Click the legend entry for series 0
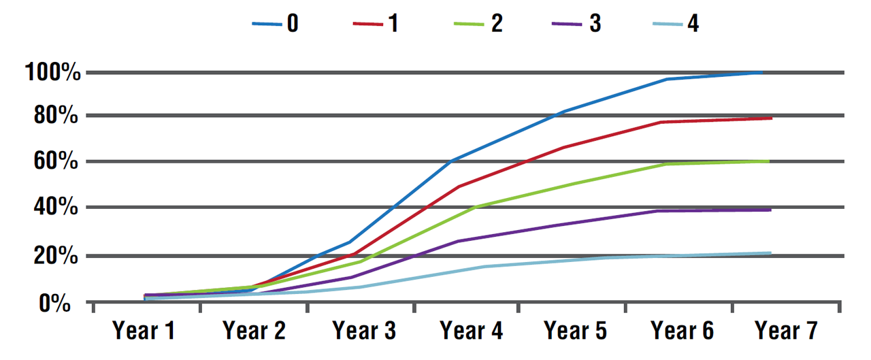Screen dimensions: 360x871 point(275,23)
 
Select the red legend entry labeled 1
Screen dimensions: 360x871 point(376,23)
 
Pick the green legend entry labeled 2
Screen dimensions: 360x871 point(479,23)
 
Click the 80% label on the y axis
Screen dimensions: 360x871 point(57,116)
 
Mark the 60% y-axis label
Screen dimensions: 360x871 point(57,163)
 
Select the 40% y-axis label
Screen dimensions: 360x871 point(57,208)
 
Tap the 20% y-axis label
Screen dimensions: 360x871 point(57,257)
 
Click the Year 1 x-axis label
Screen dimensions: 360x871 point(144,331)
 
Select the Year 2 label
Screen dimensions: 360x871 point(254,331)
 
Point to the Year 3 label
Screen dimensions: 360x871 point(363,331)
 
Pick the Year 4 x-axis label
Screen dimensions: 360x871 point(472,331)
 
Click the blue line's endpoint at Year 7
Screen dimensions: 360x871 point(762,72)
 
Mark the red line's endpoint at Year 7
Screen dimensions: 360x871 point(771,118)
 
